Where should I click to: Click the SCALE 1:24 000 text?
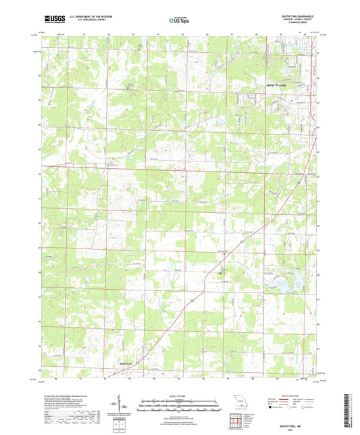180,395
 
